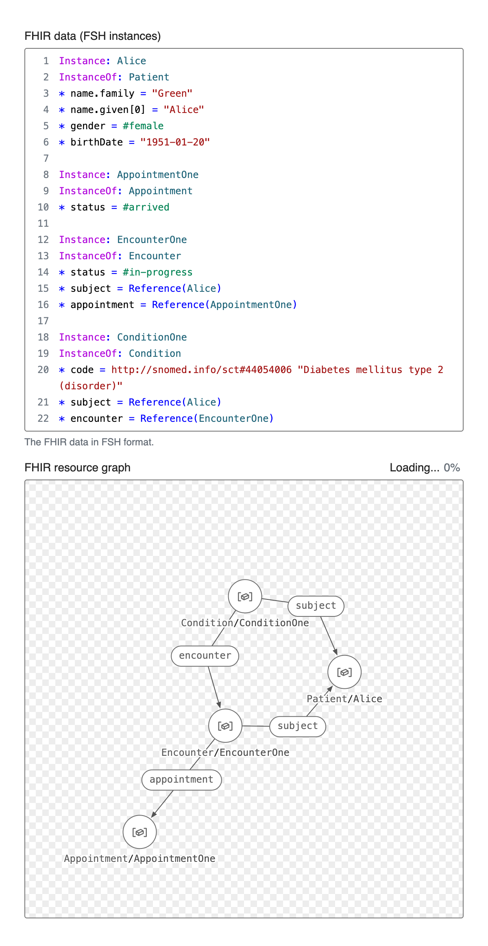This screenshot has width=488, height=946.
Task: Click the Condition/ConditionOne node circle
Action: (245, 596)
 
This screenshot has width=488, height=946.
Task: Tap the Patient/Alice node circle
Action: (344, 672)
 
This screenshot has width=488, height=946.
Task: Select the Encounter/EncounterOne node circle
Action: (225, 726)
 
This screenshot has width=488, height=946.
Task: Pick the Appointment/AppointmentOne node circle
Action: (140, 832)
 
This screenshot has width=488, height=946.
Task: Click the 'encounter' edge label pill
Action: (205, 655)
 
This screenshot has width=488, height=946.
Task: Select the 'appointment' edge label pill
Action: (181, 779)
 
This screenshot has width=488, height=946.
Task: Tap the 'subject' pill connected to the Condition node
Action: (316, 605)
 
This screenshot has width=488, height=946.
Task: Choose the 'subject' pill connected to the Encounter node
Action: (298, 726)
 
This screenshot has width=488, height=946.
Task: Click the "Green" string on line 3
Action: (172, 93)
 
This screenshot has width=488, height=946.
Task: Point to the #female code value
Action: (143, 126)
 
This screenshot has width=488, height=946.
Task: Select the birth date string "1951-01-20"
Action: (175, 142)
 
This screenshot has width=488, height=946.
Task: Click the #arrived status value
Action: (146, 207)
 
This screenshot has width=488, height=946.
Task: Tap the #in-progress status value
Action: (158, 272)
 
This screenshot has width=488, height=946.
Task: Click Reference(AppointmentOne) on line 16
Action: (224, 305)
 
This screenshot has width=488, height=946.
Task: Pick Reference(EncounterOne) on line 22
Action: (207, 419)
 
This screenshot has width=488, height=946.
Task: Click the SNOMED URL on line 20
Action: (201, 370)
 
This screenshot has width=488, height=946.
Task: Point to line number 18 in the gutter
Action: (43, 337)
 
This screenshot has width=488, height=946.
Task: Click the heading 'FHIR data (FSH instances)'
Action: (93, 36)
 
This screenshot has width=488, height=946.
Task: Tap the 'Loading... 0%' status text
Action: (425, 468)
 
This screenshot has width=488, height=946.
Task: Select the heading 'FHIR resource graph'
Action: (78, 468)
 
